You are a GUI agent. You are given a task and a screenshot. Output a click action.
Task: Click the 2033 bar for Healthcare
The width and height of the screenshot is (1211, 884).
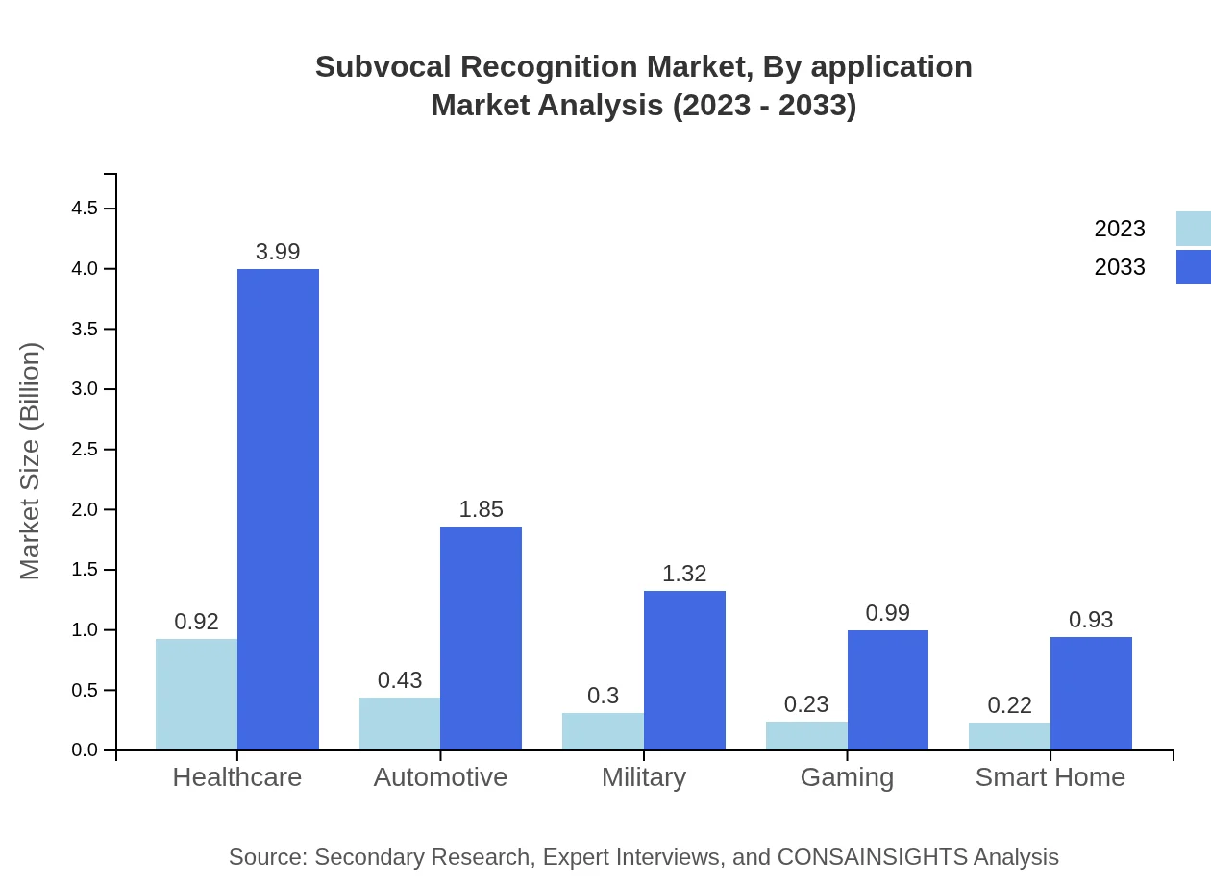pos(278,509)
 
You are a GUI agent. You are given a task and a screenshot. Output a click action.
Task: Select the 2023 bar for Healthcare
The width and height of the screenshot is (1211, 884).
pos(196,694)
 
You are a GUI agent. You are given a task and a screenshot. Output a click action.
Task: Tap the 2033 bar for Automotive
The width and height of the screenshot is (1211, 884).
pos(481,638)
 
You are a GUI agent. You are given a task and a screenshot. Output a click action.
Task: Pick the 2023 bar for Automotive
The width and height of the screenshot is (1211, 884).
pos(400,724)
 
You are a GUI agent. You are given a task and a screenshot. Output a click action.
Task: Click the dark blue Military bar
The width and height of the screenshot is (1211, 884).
pos(684,670)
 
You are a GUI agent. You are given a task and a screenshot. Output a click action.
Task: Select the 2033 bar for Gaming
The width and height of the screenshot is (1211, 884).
pos(887,690)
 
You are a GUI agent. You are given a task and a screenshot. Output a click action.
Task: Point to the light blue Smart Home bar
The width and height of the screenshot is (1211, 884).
pos(1009,736)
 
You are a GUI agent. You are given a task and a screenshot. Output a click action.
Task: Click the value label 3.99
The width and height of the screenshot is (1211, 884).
pos(278,252)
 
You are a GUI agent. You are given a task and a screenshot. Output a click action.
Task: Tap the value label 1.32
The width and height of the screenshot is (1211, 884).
pos(684,574)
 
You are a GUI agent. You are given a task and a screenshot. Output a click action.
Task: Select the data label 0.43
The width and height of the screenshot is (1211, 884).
pos(400,680)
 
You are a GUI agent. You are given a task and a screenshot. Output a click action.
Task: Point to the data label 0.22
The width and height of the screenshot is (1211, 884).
pos(1009,705)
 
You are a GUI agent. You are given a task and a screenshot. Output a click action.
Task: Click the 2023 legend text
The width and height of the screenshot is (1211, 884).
pos(1120,229)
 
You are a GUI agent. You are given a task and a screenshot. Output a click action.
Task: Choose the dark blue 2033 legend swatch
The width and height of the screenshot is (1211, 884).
pos(1193,267)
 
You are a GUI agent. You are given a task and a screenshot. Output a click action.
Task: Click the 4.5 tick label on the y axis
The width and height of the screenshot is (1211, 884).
pos(86,209)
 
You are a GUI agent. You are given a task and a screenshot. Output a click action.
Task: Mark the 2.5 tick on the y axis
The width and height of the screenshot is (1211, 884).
pos(86,450)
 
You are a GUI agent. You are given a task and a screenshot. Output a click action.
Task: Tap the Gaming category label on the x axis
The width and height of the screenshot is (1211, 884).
pos(847,777)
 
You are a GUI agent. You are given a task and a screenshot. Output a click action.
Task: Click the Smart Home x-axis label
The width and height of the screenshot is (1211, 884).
pos(1050,777)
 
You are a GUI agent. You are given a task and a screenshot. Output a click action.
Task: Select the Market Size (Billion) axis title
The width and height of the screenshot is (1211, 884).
pos(31,461)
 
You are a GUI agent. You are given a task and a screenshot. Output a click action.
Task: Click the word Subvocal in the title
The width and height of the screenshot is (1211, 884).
pos(382,67)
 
